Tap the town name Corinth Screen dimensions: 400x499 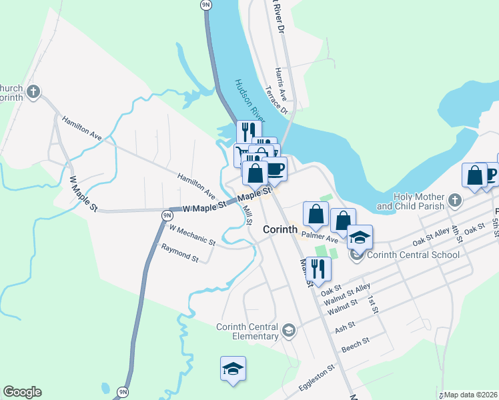pyautogui.click(x=280, y=229)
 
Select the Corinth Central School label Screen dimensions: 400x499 pyautogui.click(x=413, y=255)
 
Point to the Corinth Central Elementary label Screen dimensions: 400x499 pyautogui.click(x=247, y=331)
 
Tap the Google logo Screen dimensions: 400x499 pyautogui.click(x=22, y=392)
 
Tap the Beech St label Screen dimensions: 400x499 pyautogui.click(x=355, y=345)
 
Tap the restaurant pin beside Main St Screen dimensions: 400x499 pyautogui.click(x=318, y=268)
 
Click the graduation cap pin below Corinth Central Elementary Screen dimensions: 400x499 pyautogui.click(x=233, y=368)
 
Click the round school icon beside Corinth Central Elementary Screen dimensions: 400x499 pyautogui.click(x=289, y=329)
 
